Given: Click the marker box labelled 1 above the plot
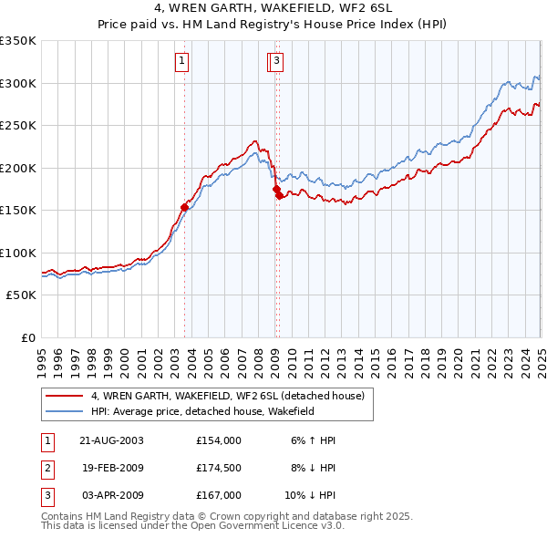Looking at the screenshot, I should coord(182,61).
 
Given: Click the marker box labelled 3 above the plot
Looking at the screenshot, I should coord(275,61).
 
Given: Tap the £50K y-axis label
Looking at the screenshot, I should coord(21,295).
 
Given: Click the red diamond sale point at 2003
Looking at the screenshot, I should coord(184,207).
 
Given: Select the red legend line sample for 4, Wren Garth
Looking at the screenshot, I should coord(64,397).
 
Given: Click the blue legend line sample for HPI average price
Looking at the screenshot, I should coord(64,412).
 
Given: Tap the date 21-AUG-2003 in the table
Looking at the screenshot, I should coord(111,440).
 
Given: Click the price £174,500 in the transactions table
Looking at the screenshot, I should coord(219,468).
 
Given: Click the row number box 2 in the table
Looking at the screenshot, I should coord(46,468).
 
